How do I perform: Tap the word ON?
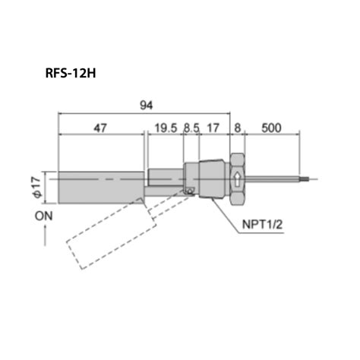pos(45,217)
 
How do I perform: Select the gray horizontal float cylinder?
pos(99,188)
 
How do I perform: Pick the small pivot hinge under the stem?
pos(190,191)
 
